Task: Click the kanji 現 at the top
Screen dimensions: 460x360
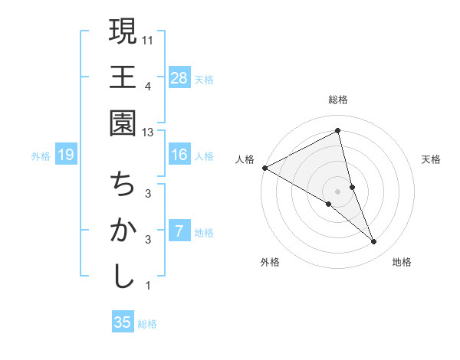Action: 123,32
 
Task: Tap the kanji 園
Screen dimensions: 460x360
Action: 123,123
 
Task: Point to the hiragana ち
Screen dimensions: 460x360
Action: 123,185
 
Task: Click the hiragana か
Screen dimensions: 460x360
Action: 123,231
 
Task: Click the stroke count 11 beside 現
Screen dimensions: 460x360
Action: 148,38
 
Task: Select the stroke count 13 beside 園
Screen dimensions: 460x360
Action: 148,132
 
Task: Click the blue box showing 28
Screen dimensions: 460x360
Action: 179,77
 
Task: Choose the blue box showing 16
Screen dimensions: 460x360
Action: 179,155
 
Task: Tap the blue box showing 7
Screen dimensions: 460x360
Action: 179,231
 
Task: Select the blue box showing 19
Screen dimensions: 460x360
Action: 65,155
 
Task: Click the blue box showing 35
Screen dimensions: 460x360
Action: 123,322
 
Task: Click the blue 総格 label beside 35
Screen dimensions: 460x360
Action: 147,324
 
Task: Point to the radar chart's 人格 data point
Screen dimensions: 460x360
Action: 264,167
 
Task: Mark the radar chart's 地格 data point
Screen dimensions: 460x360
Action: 373,242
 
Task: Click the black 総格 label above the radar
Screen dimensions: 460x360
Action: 338,100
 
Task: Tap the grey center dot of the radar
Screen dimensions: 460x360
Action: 338,191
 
